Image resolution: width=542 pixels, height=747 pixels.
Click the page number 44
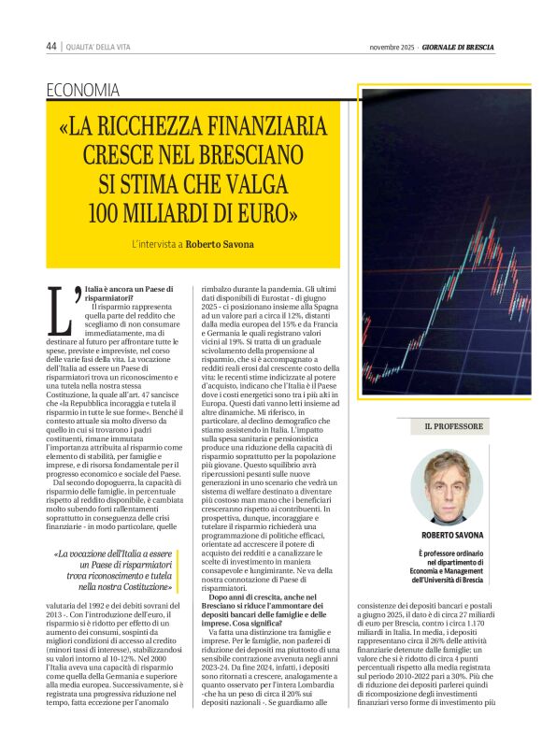(51, 47)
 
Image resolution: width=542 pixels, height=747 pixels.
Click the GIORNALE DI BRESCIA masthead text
(458, 47)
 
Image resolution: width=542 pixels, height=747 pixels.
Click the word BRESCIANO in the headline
(250, 153)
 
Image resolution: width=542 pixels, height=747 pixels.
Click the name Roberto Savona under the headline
(220, 245)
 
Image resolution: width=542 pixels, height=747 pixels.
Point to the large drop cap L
(64, 309)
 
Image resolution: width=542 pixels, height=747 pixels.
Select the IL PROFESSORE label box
(454, 426)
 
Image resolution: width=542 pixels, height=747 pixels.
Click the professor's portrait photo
(453, 486)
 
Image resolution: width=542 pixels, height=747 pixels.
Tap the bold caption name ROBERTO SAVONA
(453, 535)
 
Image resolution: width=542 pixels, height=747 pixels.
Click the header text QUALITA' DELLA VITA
(103, 47)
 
